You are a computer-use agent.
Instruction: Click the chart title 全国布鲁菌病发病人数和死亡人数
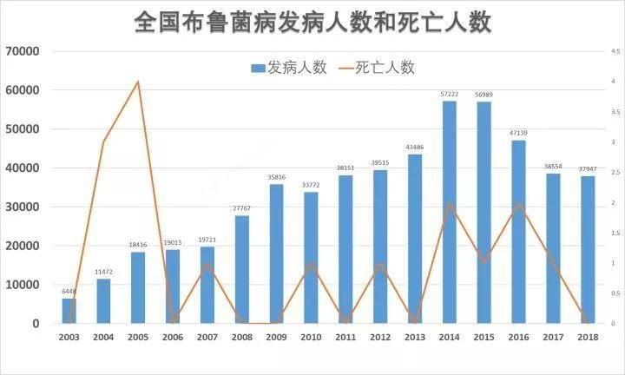tap(312, 22)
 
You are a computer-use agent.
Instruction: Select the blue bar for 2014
tap(450, 213)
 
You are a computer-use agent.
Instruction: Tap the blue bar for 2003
tap(69, 311)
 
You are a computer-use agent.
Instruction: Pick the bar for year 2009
tap(276, 254)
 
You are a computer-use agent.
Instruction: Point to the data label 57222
tap(450, 94)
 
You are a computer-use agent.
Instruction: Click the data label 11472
tap(103, 272)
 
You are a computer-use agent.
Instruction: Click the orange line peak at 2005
tap(138, 82)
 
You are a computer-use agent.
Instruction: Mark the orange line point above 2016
tap(519, 203)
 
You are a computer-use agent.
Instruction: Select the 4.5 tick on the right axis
tap(615, 51)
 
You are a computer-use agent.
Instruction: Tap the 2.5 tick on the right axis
tap(615, 173)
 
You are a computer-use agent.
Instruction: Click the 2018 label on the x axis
tap(589, 337)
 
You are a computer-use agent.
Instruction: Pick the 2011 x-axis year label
tap(345, 337)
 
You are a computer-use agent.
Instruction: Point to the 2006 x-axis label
tap(172, 337)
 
